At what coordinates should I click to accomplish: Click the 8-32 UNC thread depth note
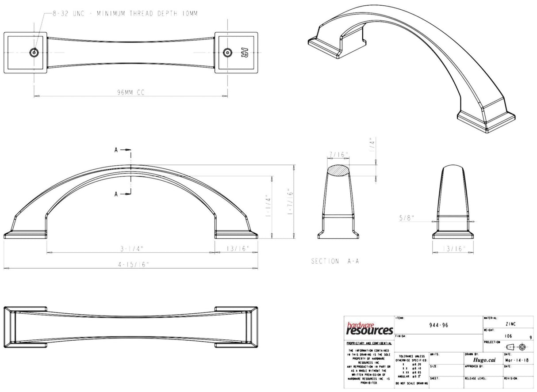(125, 14)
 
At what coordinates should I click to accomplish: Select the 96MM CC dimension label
(131, 92)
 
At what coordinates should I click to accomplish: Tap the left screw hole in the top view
(34, 52)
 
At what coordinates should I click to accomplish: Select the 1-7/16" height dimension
(291, 200)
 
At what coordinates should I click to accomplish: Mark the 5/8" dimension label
(406, 217)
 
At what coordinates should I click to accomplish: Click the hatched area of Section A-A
(340, 171)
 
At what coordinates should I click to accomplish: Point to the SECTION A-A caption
(335, 261)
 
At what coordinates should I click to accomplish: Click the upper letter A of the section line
(116, 150)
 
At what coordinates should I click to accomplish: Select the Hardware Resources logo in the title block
(369, 328)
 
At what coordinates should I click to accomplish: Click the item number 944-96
(439, 325)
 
